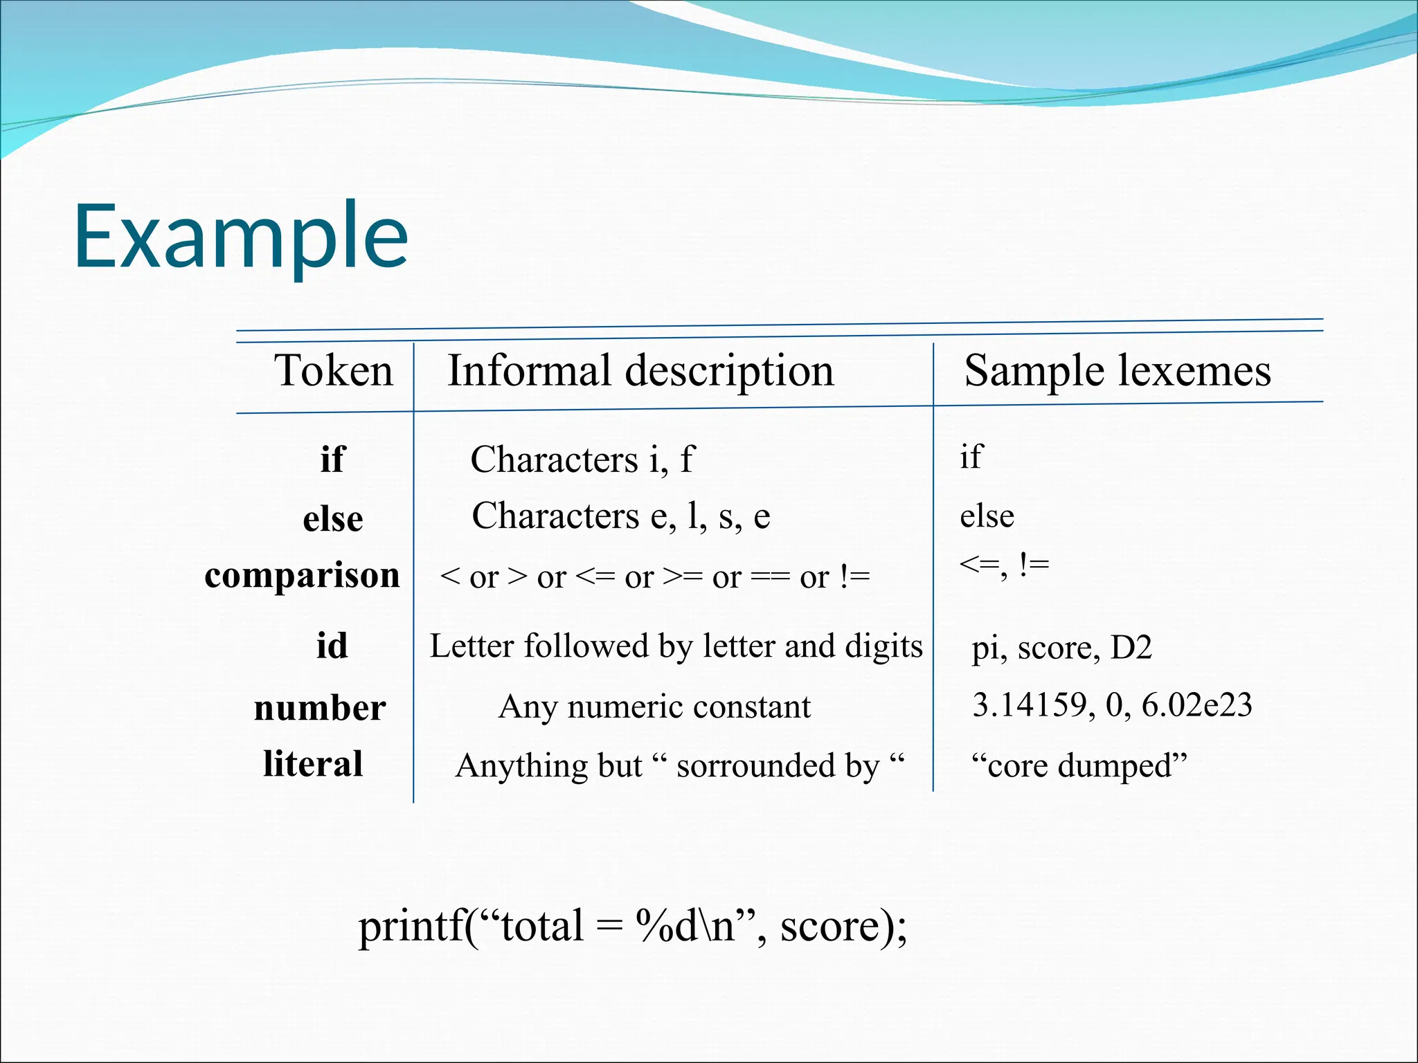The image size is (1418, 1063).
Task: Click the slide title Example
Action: click(241, 237)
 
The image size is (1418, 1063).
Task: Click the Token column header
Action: click(333, 370)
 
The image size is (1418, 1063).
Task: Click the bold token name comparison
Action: click(302, 576)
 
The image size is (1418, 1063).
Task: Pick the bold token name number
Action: click(320, 708)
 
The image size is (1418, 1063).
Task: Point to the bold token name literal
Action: click(313, 764)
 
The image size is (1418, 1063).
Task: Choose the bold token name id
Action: click(332, 646)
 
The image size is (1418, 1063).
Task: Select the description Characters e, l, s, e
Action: click(620, 516)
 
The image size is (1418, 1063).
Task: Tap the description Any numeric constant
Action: click(654, 707)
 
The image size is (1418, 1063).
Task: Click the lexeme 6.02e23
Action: click(1196, 705)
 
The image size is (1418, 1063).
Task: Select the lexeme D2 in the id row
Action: click(1131, 648)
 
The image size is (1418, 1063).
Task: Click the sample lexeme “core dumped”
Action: click(1079, 765)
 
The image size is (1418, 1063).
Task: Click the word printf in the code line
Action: click(411, 926)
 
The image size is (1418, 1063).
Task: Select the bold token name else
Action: click(333, 519)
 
